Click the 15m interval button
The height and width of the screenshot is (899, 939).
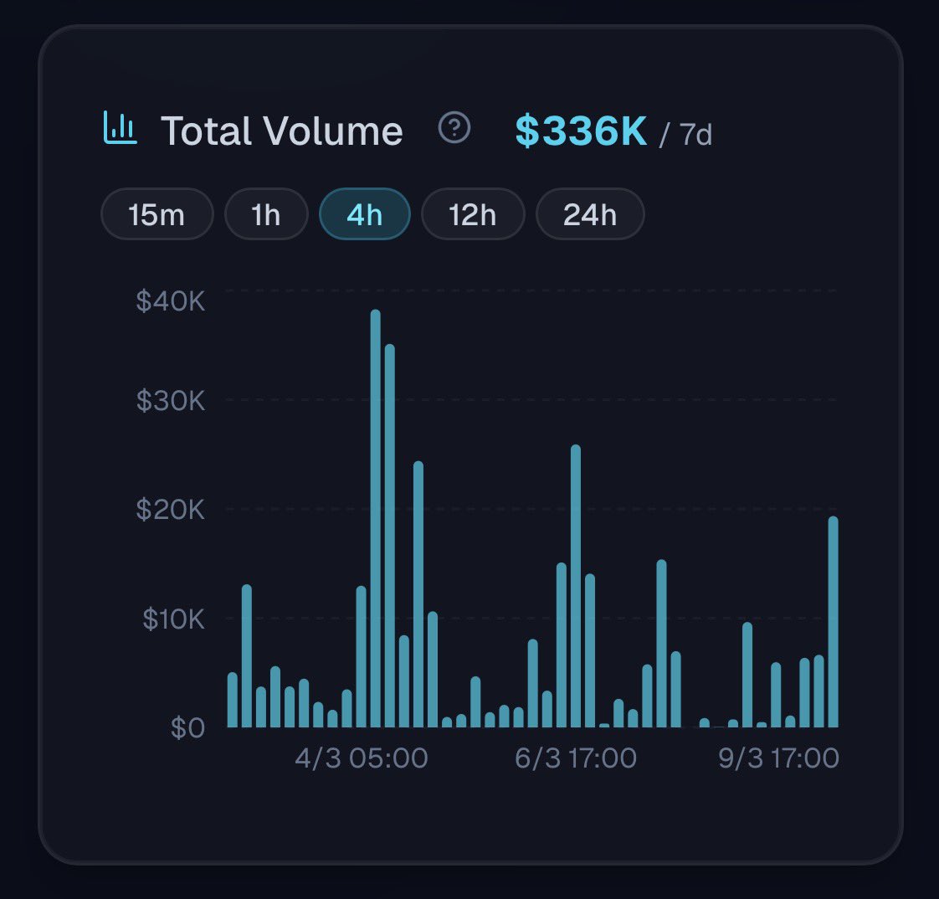click(156, 215)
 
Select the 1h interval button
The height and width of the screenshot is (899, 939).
click(266, 215)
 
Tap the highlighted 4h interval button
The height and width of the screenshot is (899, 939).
click(364, 215)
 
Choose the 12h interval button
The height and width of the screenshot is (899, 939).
click(472, 215)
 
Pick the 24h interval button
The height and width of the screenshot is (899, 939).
click(589, 215)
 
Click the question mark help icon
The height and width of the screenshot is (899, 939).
click(454, 128)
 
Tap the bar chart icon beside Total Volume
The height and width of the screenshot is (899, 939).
click(120, 128)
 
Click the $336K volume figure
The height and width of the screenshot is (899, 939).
click(581, 131)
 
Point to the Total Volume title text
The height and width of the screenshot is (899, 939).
click(281, 131)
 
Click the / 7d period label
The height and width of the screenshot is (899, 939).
click(686, 134)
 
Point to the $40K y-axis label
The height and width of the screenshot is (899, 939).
click(171, 301)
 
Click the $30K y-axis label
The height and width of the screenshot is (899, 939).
click(171, 401)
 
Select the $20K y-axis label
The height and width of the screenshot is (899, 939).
click(171, 509)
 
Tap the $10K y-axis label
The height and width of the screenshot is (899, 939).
click(173, 619)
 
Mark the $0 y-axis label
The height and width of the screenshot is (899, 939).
click(187, 728)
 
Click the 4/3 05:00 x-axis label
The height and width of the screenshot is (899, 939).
click(361, 758)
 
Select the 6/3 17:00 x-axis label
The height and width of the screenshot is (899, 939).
click(576, 758)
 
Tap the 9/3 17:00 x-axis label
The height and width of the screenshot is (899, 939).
click(778, 758)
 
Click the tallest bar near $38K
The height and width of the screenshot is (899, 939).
click(376, 519)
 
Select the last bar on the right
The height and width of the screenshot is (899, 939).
click(833, 623)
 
